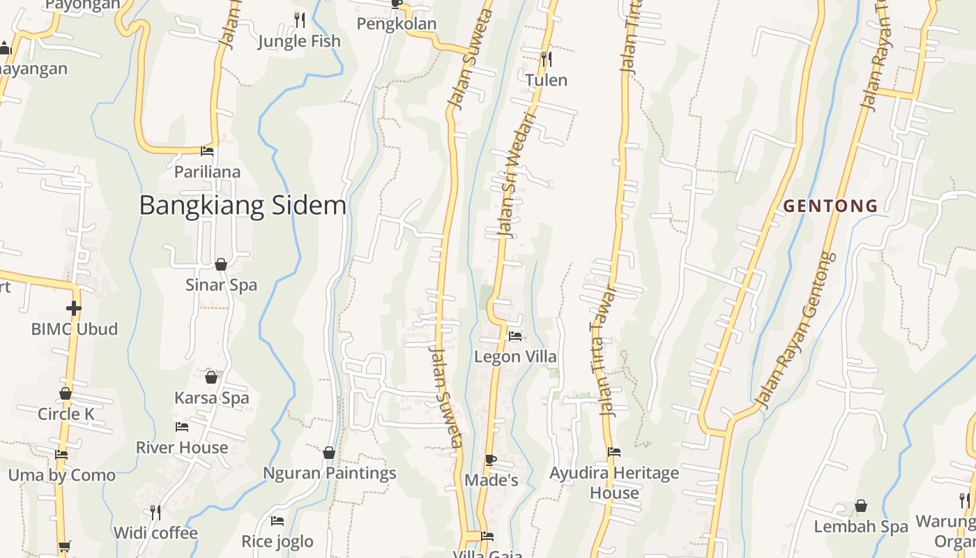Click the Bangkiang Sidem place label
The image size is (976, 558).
pos(243,206)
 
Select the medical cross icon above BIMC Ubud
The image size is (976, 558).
pos(74,308)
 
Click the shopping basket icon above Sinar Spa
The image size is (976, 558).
pos(221,264)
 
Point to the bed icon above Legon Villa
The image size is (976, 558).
pos(515,336)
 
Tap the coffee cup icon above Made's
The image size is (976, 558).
pos(491,460)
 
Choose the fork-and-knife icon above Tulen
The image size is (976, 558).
pos(547,59)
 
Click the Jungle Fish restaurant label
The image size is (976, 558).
pos(299,42)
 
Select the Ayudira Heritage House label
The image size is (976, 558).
pos(613,483)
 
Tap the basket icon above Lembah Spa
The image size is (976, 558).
pos(861,506)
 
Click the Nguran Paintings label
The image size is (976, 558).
pos(329,473)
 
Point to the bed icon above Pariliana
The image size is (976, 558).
pos(207,151)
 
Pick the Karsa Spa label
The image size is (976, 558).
pos(211,398)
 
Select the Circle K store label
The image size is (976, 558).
pos(66,414)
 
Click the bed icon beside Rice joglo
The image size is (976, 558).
pos(277,521)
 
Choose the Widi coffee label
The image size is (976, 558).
pos(155,534)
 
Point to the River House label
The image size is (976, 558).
pos(181,447)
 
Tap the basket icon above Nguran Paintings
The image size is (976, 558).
pos(329,453)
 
